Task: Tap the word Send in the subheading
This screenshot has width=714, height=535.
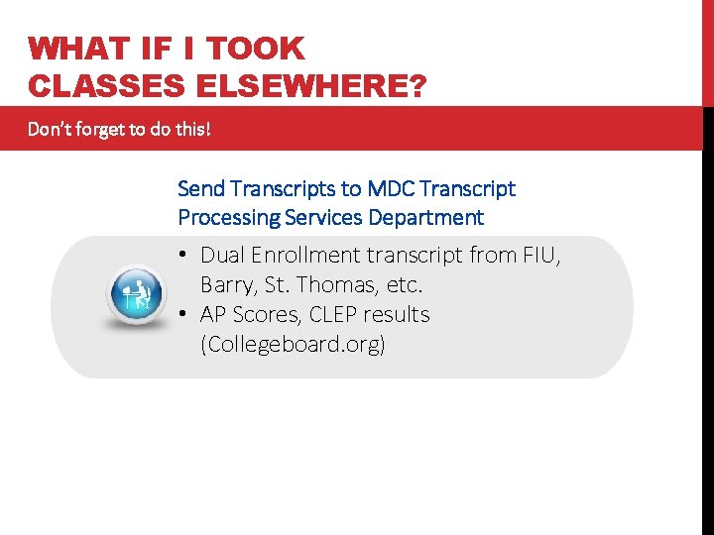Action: (200, 188)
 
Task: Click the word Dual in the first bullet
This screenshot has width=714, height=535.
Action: (222, 256)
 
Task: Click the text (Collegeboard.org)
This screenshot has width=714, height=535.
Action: (293, 345)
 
